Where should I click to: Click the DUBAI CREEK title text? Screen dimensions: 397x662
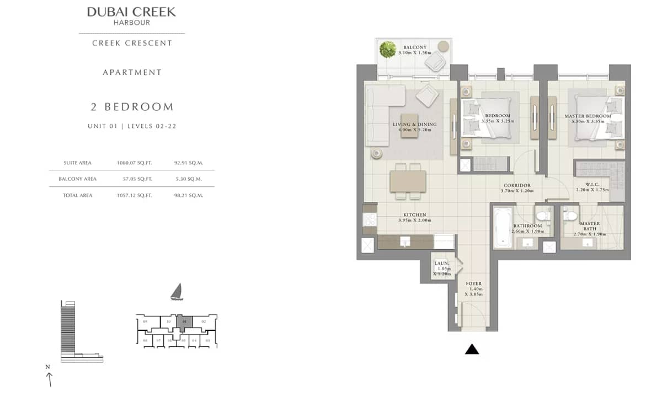[x=131, y=12]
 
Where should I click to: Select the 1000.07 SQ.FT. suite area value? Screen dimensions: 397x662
[x=135, y=163]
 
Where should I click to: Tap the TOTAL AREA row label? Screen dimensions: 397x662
[x=77, y=195]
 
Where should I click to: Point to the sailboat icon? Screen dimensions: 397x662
[x=176, y=292]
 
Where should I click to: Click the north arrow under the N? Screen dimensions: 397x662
[x=50, y=379]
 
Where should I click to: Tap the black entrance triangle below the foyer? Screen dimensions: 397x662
[x=472, y=348]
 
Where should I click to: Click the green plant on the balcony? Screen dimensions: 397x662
[x=388, y=50]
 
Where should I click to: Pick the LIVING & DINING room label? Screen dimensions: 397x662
[x=414, y=125]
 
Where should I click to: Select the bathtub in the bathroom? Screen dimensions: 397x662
[x=503, y=227]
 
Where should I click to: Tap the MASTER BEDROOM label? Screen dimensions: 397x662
[x=588, y=116]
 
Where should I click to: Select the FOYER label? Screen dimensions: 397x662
[x=473, y=283]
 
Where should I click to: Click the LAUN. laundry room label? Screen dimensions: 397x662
[x=442, y=264]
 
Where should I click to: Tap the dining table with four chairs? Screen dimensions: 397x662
[x=408, y=181]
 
